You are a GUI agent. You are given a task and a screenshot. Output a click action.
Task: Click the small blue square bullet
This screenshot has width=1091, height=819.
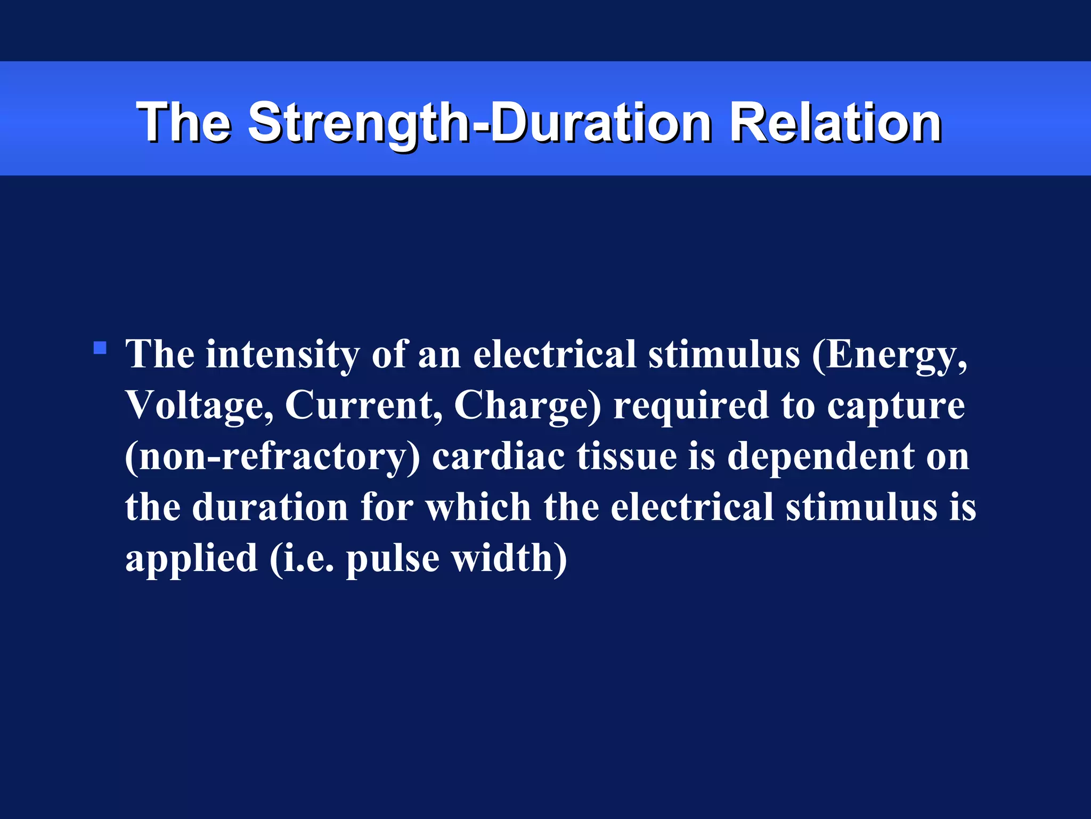click(x=100, y=349)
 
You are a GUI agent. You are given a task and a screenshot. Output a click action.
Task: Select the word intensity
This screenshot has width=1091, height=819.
click(x=282, y=355)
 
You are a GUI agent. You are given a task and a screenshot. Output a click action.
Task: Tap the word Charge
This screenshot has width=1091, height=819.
click(x=526, y=405)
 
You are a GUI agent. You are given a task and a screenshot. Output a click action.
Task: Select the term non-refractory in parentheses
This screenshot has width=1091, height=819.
click(x=272, y=456)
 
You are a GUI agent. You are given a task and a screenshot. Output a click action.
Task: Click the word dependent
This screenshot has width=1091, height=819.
click(x=820, y=456)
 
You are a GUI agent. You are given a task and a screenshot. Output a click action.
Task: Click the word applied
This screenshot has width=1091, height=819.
click(x=191, y=559)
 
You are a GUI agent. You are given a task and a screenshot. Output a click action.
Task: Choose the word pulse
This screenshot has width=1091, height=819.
click(x=393, y=559)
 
